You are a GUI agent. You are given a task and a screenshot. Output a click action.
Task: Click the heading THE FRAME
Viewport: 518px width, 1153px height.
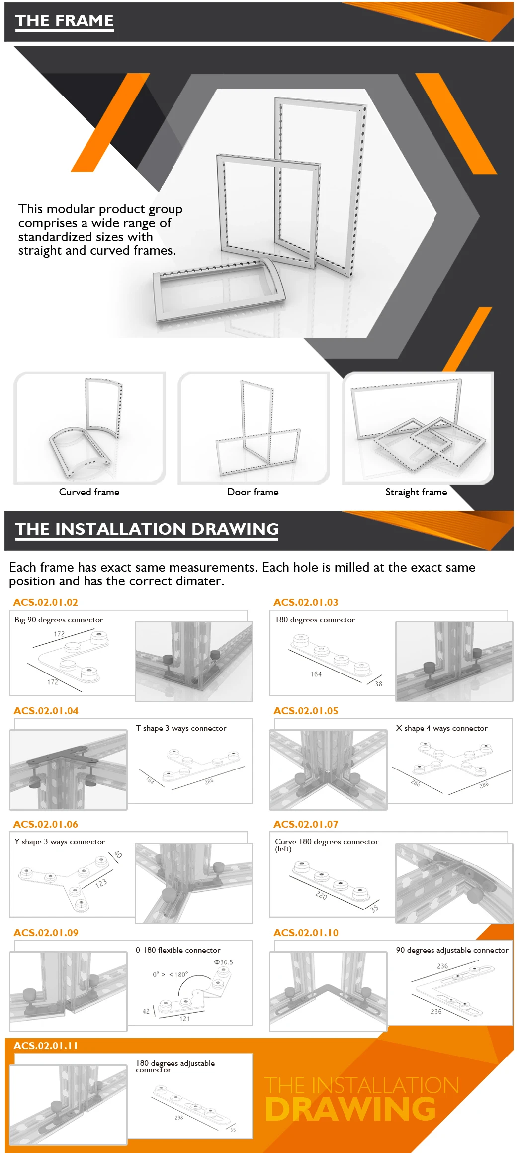[64, 21]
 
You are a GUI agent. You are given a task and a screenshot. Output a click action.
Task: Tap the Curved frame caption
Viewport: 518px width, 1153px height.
[89, 492]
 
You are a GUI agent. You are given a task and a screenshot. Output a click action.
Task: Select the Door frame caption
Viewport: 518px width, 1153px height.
[253, 492]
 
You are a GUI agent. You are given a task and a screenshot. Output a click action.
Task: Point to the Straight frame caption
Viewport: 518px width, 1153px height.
[416, 492]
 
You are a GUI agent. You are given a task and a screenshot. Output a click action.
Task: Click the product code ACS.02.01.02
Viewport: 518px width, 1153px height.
[46, 602]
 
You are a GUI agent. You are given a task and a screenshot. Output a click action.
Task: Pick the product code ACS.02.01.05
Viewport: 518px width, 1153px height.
[306, 711]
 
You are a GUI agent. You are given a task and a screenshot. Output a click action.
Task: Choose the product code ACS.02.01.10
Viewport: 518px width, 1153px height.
[306, 933]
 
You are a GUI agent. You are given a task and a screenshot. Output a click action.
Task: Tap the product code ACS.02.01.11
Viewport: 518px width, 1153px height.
[46, 1046]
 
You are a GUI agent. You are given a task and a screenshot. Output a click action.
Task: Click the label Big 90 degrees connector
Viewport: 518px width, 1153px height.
[59, 620]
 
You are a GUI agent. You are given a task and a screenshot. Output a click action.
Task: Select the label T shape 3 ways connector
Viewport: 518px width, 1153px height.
[181, 728]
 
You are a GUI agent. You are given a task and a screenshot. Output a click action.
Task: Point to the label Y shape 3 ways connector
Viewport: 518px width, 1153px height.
[60, 842]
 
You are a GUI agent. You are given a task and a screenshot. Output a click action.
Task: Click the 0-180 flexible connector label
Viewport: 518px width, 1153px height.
[178, 950]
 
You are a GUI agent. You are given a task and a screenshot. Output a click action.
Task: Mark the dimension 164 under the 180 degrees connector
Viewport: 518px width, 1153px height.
[316, 674]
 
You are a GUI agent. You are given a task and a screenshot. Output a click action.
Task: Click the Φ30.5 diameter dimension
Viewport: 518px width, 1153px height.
[224, 962]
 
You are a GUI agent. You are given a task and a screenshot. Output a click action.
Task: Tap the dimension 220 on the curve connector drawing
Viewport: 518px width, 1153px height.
[321, 896]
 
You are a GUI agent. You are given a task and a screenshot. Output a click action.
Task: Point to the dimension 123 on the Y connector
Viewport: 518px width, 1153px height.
[101, 883]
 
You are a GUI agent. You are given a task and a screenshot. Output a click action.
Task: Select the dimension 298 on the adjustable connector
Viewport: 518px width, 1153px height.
[179, 1118]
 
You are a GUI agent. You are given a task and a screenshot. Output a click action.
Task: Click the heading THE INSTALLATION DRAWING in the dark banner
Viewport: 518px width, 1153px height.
[147, 529]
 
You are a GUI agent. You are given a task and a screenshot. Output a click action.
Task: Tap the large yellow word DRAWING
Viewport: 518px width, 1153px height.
[350, 1109]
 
